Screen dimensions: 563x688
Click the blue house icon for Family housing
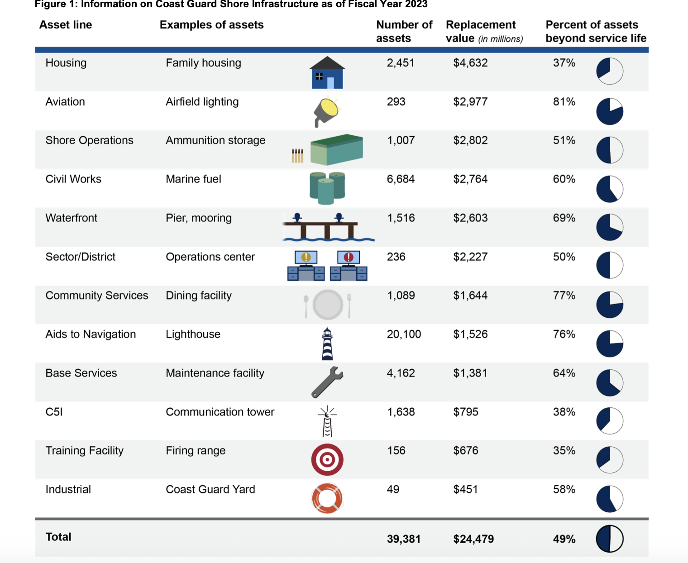[x=327, y=73]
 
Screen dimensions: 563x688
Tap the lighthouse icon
[x=327, y=344]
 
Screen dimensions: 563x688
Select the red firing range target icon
[x=327, y=460]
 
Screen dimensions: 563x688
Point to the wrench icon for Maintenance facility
[x=327, y=382]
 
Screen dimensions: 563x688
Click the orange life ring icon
[x=327, y=498]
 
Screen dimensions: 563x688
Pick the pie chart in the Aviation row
[x=610, y=111]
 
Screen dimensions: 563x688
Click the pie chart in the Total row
[x=610, y=539]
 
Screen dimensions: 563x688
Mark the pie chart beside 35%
[x=610, y=460]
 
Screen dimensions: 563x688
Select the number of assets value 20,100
[x=404, y=334]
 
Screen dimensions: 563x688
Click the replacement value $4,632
[x=470, y=63]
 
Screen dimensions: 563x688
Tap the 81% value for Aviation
[x=564, y=102]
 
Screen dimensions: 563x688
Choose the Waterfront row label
[x=72, y=218]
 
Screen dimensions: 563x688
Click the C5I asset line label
[x=54, y=412]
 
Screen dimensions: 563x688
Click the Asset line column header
[x=66, y=25]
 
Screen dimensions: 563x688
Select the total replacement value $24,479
[x=473, y=539]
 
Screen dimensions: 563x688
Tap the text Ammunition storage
[x=215, y=140]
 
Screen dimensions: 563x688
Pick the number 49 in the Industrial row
[x=393, y=490]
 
